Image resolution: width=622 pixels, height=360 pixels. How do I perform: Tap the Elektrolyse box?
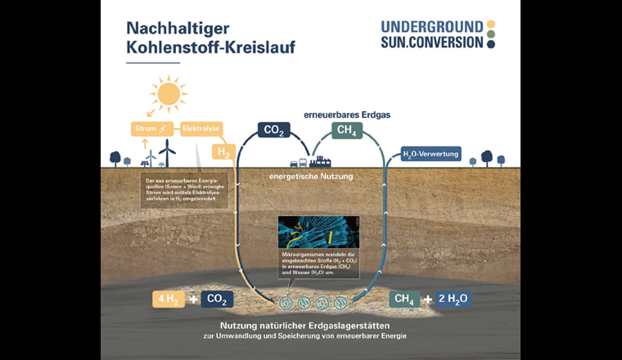[x=201, y=128]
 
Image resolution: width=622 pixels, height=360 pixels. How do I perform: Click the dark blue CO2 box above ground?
[x=273, y=130]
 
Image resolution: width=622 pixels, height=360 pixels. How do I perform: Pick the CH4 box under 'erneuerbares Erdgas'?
[x=347, y=130]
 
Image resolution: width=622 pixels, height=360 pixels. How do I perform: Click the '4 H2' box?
[x=169, y=299]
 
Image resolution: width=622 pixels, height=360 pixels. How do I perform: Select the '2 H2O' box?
[x=453, y=299]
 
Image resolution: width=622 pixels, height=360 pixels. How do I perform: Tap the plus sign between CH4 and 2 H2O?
[x=426, y=299]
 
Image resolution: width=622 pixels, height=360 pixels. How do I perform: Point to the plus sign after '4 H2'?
[x=194, y=299]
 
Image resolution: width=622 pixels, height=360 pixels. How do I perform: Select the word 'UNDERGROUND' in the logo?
[x=432, y=26]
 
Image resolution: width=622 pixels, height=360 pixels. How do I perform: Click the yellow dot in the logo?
[x=491, y=25]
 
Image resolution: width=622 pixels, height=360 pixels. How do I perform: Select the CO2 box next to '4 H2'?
[x=217, y=299]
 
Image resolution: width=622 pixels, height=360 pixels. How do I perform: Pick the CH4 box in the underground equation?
[x=403, y=299]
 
